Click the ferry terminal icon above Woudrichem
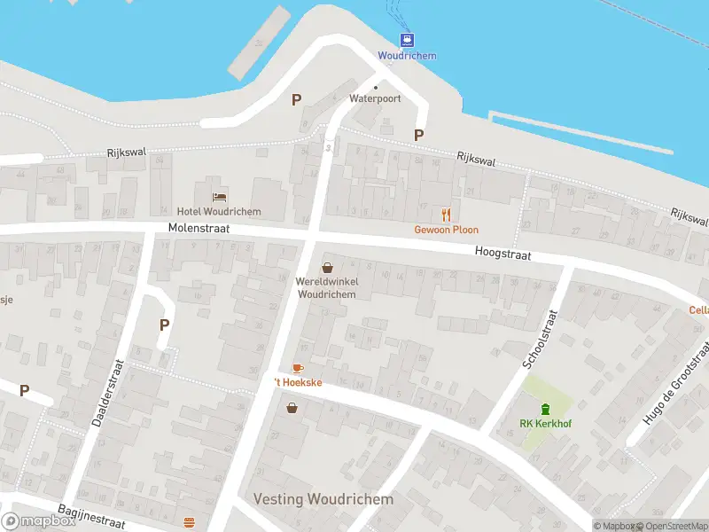tap(407, 39)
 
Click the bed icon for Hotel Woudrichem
tap(219, 195)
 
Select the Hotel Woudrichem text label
tap(219, 211)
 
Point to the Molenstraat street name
tap(199, 229)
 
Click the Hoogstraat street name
tap(502, 253)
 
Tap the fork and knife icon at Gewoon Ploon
tap(447, 214)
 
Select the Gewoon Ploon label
tap(447, 230)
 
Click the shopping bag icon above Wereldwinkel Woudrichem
tap(327, 267)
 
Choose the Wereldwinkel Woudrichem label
tap(327, 287)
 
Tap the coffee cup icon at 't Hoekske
tap(298, 368)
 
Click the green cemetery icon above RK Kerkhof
tap(545, 408)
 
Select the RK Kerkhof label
tap(545, 424)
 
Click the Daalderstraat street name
tap(108, 393)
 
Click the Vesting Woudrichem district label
tap(323, 499)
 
